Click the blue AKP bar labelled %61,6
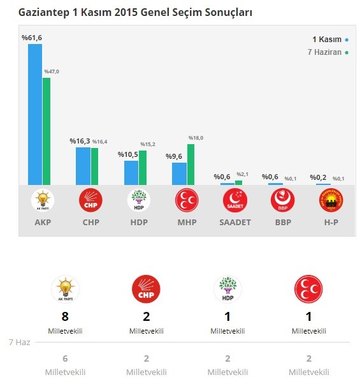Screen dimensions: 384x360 click(x=35, y=114)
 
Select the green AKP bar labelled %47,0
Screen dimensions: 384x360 click(x=47, y=131)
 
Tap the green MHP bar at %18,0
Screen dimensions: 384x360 click(x=191, y=165)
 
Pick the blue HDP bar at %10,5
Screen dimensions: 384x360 click(x=131, y=172)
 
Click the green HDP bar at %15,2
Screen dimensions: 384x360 click(x=143, y=168)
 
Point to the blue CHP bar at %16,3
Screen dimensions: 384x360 click(x=83, y=166)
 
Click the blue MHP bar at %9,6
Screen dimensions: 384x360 click(x=179, y=174)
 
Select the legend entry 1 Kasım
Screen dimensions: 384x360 click(x=326, y=40)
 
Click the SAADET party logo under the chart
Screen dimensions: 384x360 click(x=234, y=201)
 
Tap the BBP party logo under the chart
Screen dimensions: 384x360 click(x=282, y=201)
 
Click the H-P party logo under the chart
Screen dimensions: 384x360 click(x=331, y=201)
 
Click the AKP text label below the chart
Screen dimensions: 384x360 click(x=43, y=223)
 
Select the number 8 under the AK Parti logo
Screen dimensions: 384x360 click(x=65, y=317)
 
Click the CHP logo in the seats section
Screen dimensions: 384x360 click(x=146, y=289)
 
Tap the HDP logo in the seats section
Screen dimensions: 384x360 click(x=227, y=289)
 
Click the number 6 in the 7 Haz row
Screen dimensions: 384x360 click(x=65, y=358)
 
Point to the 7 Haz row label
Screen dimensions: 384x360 click(x=19, y=343)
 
